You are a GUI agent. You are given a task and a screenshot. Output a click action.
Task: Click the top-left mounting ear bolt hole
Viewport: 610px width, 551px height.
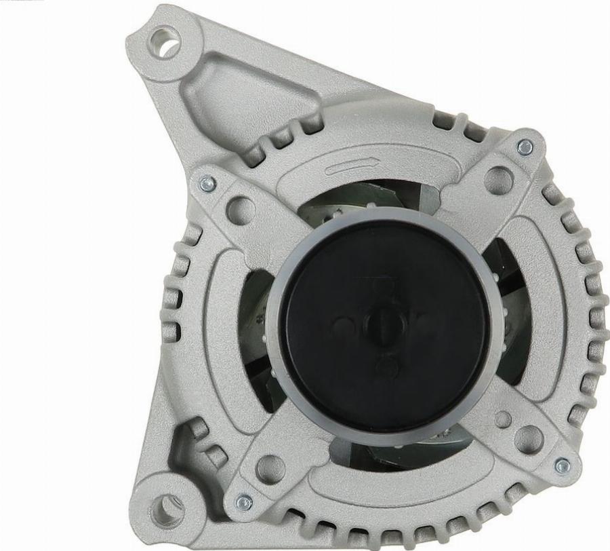[165, 43]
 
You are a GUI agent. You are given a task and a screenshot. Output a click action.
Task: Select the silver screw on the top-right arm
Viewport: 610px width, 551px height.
[525, 147]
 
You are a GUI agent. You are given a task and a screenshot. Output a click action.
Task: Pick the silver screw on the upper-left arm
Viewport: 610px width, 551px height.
[207, 183]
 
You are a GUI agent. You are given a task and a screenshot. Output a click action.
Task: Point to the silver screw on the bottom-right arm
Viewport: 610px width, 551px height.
[562, 465]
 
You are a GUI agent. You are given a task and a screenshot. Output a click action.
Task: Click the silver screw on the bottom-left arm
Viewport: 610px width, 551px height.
[243, 503]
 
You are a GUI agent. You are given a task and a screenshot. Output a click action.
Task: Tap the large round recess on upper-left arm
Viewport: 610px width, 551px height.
[241, 210]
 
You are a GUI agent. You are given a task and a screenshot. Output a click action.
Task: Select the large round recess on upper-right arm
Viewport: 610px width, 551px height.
[498, 180]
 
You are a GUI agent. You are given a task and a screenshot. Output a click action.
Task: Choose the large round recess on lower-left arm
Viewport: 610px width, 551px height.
[270, 469]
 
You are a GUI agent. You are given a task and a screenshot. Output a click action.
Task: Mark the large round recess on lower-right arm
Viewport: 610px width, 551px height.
[529, 439]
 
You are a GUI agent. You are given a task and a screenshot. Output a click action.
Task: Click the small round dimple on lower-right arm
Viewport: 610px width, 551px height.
[503, 419]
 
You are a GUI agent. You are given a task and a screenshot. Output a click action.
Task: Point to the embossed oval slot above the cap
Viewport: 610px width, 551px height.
[350, 167]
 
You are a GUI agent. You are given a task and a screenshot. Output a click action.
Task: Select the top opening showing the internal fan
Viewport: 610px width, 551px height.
[366, 197]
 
